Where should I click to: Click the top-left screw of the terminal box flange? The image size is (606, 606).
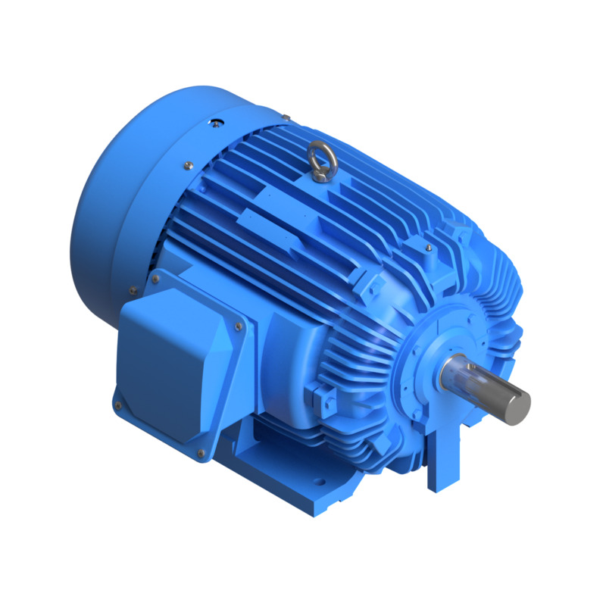click(157, 280)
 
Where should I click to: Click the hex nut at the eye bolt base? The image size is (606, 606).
click(320, 176)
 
